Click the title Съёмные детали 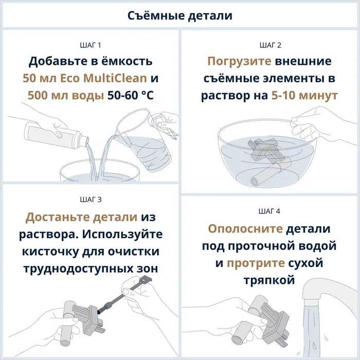coord(179,15)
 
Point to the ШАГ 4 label coord(269,211)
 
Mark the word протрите coord(256,263)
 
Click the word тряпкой coord(269,280)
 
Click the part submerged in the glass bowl coord(263,160)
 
